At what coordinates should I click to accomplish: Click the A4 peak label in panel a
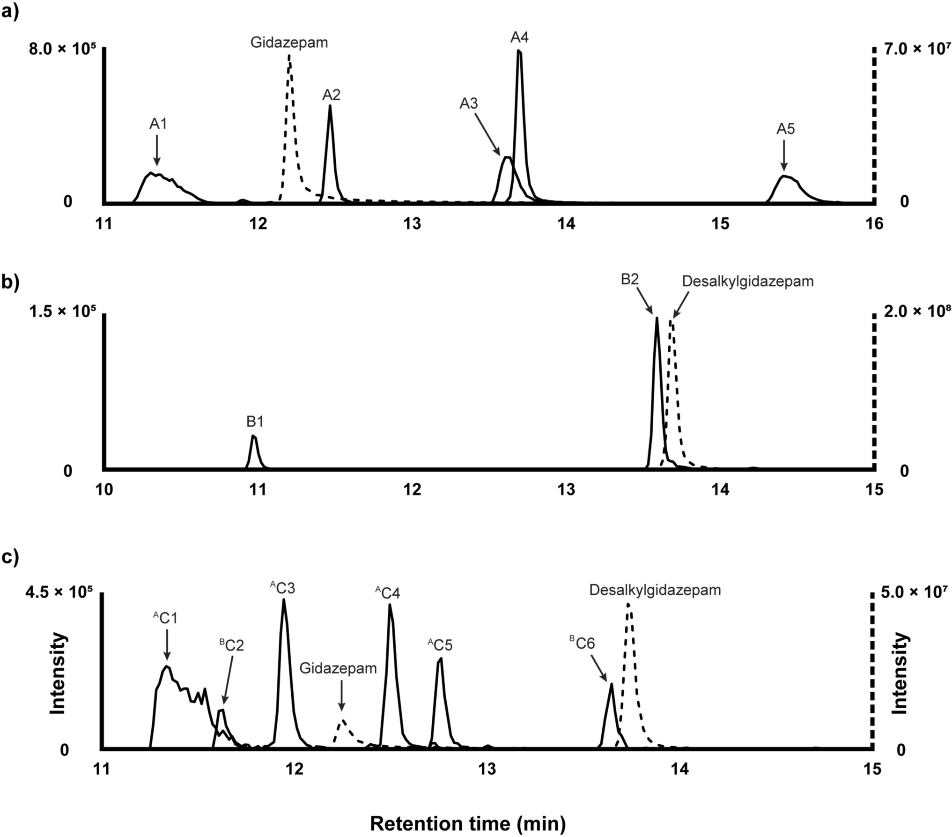pos(519,37)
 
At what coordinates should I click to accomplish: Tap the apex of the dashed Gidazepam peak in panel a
pos(289,55)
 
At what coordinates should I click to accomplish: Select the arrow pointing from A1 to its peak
pos(157,149)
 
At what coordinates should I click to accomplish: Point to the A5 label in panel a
pos(785,129)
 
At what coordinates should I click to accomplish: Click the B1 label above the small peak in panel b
pos(255,422)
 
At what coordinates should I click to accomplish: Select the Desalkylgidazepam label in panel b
pos(747,281)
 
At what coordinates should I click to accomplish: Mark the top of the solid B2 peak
pos(657,319)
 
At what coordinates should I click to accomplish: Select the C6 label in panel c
pos(582,644)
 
